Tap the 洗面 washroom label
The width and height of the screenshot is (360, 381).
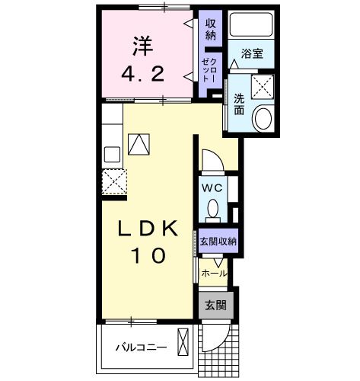click(239, 104)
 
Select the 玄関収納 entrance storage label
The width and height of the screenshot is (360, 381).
click(218, 241)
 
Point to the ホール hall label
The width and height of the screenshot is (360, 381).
click(215, 271)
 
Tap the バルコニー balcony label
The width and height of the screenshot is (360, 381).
click(141, 347)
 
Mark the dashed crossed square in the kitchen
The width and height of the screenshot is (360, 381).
click(114, 181)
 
